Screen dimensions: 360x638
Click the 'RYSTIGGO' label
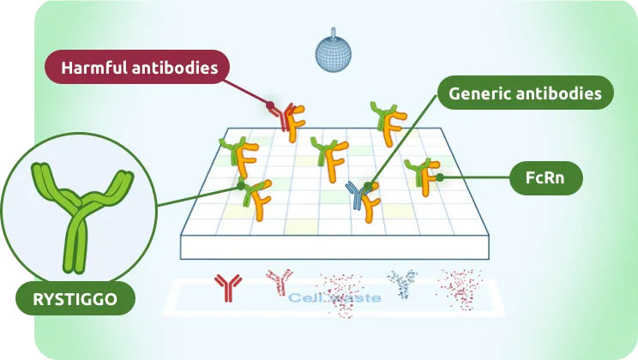point(77,299)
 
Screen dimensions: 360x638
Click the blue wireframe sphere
point(334,52)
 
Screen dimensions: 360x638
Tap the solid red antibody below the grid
point(227,287)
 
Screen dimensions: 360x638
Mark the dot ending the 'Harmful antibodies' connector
point(269,107)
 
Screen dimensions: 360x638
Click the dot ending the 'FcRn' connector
point(439,177)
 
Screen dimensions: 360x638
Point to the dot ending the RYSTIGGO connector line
point(242,185)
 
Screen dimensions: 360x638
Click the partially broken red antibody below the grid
point(279,280)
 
